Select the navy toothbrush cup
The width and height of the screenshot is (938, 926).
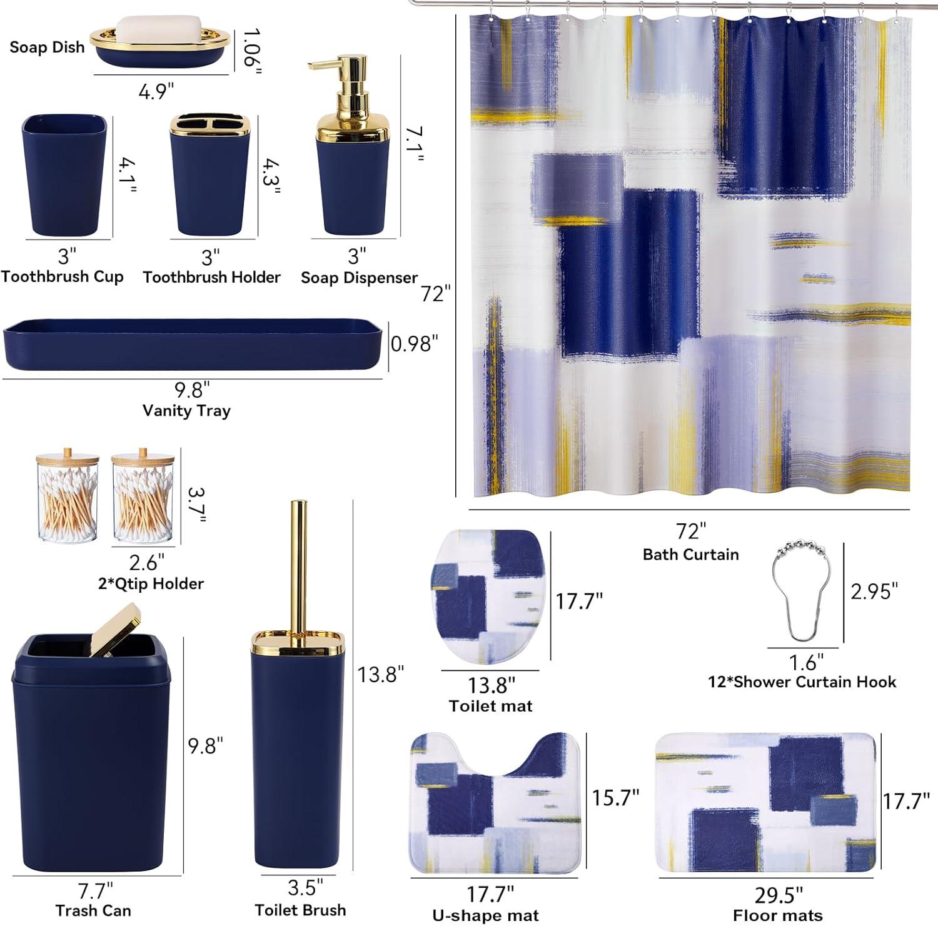[64, 175]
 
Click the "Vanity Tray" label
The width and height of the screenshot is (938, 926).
[186, 411]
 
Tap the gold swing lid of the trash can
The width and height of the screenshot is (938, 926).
[115, 629]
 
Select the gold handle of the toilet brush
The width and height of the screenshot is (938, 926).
[299, 569]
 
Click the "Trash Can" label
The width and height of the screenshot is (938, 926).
[93, 910]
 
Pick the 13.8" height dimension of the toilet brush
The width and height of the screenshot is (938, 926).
[380, 675]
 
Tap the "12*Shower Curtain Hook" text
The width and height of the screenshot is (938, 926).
[802, 682]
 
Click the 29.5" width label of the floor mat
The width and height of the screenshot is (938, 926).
[779, 895]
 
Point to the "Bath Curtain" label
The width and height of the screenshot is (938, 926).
[691, 555]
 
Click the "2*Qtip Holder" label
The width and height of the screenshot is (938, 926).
[151, 584]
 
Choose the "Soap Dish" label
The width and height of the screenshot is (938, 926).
[47, 47]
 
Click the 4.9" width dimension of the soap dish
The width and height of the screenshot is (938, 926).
[156, 92]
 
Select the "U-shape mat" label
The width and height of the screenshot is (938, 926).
[485, 916]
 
